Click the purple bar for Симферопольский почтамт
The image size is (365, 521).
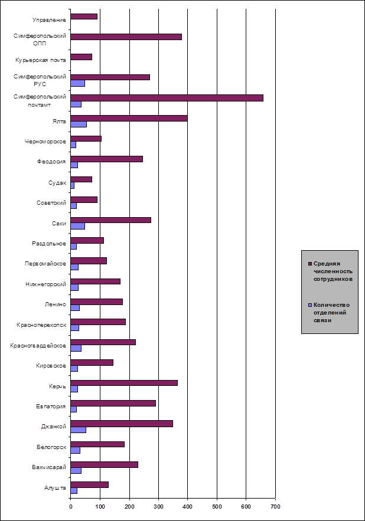[167, 97]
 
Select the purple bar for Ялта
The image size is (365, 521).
[129, 118]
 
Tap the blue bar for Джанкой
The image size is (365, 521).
[78, 430]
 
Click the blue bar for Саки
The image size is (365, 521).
[77, 226]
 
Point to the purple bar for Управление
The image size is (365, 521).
[83, 16]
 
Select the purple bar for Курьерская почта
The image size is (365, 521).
[81, 57]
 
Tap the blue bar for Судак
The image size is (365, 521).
[72, 185]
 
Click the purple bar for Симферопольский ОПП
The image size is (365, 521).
[126, 37]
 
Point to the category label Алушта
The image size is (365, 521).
[56, 487]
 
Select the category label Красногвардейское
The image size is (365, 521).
[41, 345]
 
